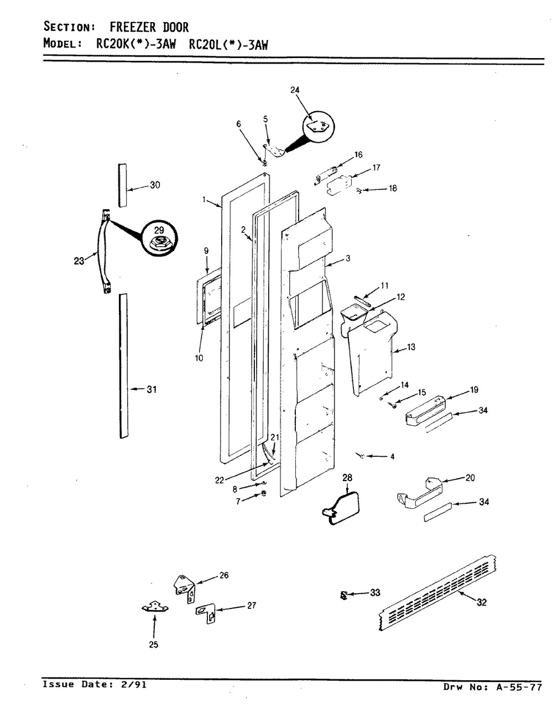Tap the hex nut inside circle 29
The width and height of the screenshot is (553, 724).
(159, 243)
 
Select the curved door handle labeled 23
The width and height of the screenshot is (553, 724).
(104, 251)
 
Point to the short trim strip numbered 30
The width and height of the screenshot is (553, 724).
(122, 185)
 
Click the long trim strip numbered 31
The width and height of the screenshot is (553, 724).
(123, 366)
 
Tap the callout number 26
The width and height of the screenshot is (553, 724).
(223, 575)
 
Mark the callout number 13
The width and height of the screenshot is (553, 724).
(411, 347)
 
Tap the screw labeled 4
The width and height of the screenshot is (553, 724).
(361, 456)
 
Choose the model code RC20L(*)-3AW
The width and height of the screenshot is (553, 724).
(228, 45)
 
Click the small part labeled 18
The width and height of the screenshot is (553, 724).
(360, 190)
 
